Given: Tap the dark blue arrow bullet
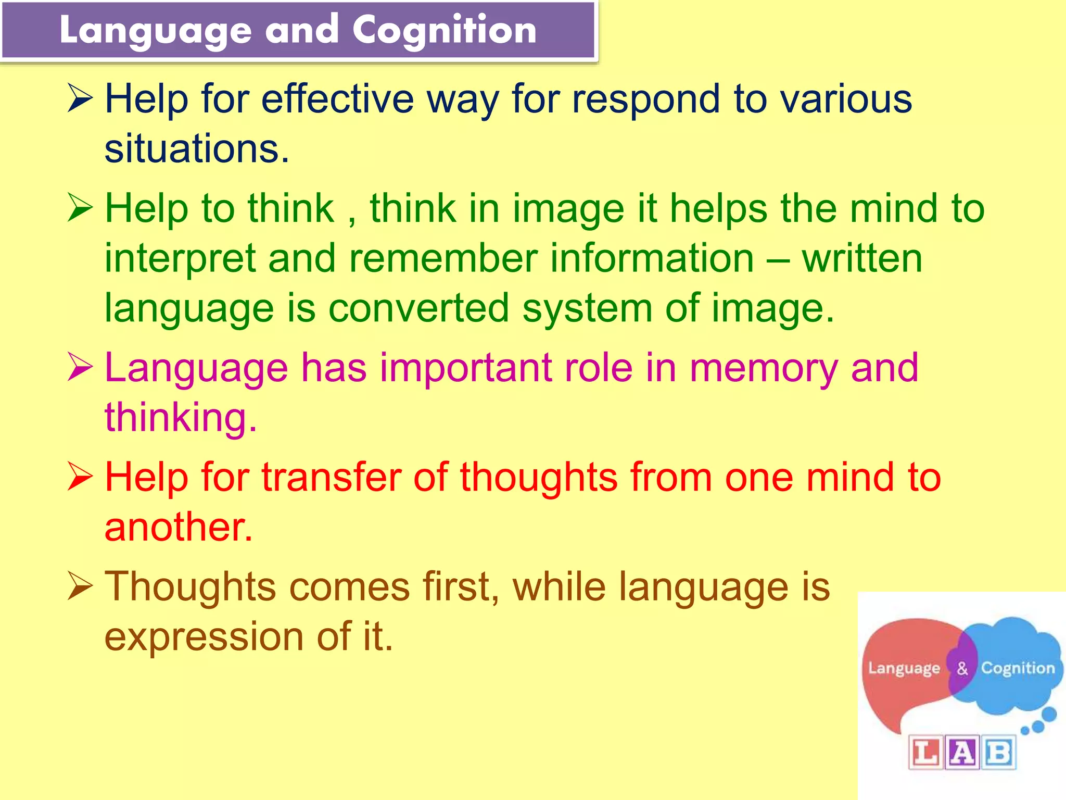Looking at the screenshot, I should [x=80, y=99].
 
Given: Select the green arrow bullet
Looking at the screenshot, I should [x=80, y=208].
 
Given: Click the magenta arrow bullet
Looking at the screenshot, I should [x=80, y=368].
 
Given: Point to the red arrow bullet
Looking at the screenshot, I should [x=80, y=477].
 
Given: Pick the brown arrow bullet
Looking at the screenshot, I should [x=80, y=587].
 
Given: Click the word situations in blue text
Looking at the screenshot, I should [x=196, y=149].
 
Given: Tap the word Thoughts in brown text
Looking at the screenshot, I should [x=190, y=587].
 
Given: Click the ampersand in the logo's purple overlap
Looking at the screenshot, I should [x=962, y=668].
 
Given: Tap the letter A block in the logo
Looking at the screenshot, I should [x=962, y=752].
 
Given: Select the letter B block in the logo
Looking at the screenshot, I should [x=998, y=752].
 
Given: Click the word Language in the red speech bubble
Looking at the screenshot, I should [x=904, y=668].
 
